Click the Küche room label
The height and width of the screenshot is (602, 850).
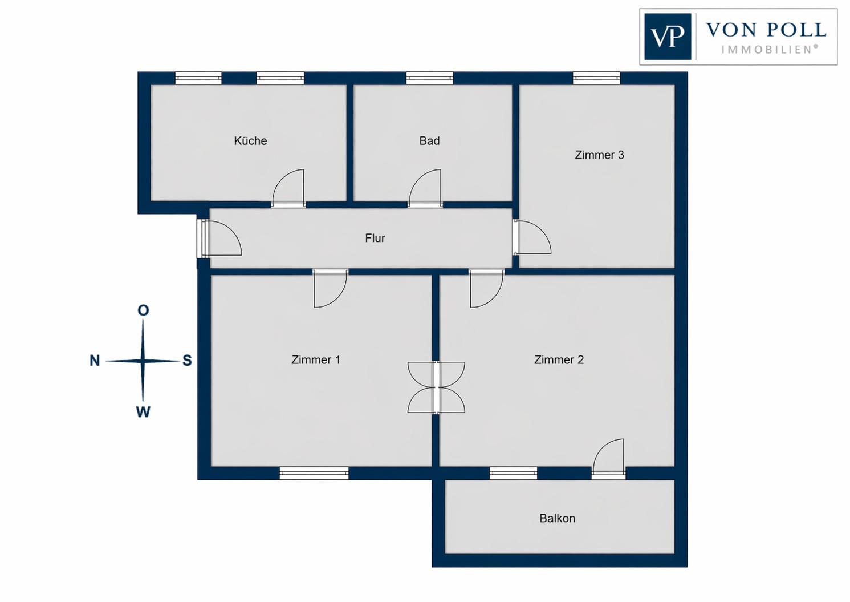(250, 141)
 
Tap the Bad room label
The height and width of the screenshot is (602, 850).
(429, 141)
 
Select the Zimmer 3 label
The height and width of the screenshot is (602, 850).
(599, 155)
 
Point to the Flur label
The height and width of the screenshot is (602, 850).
(375, 238)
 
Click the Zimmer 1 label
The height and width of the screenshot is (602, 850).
(316, 359)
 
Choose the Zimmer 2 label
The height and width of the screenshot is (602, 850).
(559, 359)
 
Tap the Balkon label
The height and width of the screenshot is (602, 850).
(557, 518)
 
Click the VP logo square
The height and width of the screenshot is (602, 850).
(668, 37)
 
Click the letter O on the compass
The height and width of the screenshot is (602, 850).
(143, 310)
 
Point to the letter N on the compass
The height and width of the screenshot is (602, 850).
(95, 361)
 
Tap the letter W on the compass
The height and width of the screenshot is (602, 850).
(143, 412)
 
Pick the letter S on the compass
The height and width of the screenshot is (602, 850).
(187, 361)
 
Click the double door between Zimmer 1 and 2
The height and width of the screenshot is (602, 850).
(436, 387)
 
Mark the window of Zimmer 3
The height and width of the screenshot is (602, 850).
(596, 78)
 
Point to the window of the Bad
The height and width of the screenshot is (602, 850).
(429, 78)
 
